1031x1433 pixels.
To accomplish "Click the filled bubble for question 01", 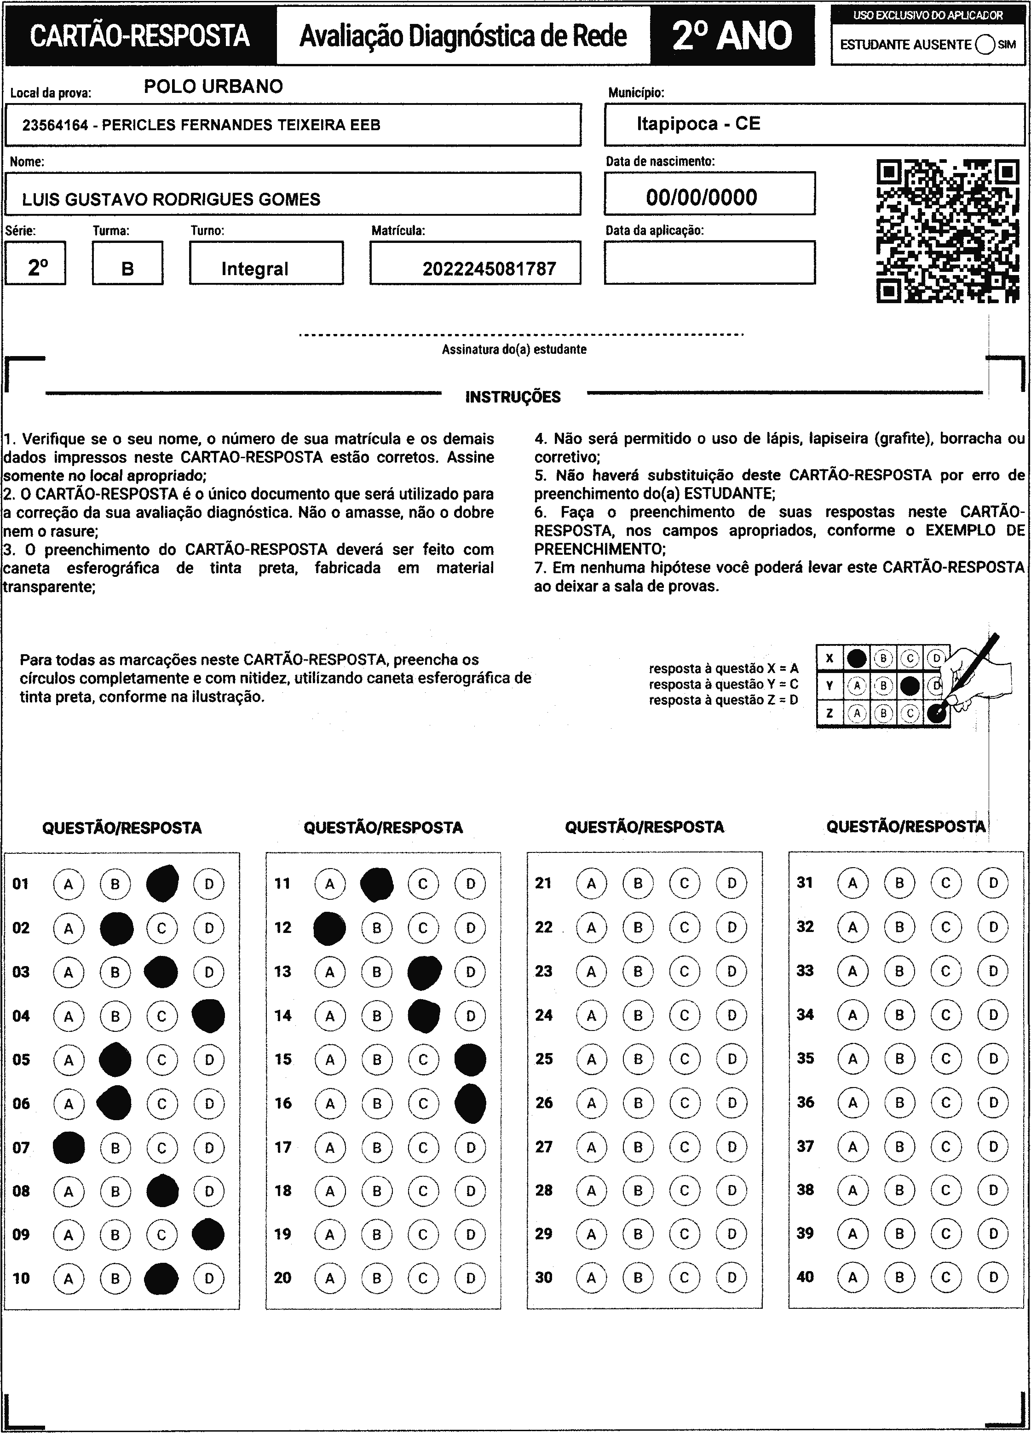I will click(162, 883).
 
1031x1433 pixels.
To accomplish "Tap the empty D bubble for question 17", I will click(470, 1147).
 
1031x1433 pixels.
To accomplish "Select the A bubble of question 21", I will click(591, 883).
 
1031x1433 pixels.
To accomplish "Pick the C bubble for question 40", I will click(946, 1278).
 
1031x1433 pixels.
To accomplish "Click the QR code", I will click(948, 231).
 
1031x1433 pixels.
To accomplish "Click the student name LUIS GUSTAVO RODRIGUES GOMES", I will click(171, 200).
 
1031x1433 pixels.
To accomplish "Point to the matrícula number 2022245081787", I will click(489, 269).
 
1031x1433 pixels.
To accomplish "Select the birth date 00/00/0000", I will click(701, 198).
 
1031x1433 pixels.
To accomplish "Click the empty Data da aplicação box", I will click(709, 263).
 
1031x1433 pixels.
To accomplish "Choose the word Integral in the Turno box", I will click(254, 269).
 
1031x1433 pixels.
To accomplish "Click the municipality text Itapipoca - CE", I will click(698, 124).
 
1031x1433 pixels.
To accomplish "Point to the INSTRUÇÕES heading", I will click(513, 397).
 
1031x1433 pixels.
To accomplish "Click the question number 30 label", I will click(543, 1278).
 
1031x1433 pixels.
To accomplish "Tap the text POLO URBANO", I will click(213, 86).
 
